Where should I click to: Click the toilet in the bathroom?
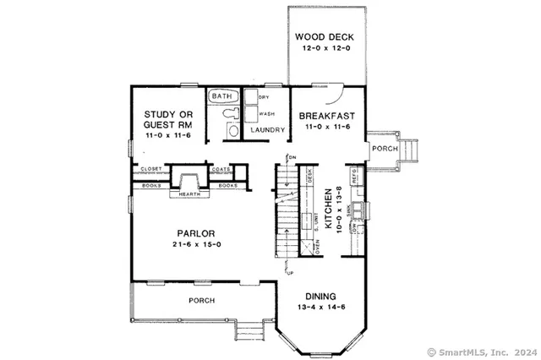232,128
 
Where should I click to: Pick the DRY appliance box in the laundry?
264,98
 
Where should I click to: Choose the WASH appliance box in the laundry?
265,112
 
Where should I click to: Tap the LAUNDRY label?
265,130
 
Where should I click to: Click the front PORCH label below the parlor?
200,300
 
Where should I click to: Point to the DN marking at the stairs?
291,158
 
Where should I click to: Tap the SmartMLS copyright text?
484,352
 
